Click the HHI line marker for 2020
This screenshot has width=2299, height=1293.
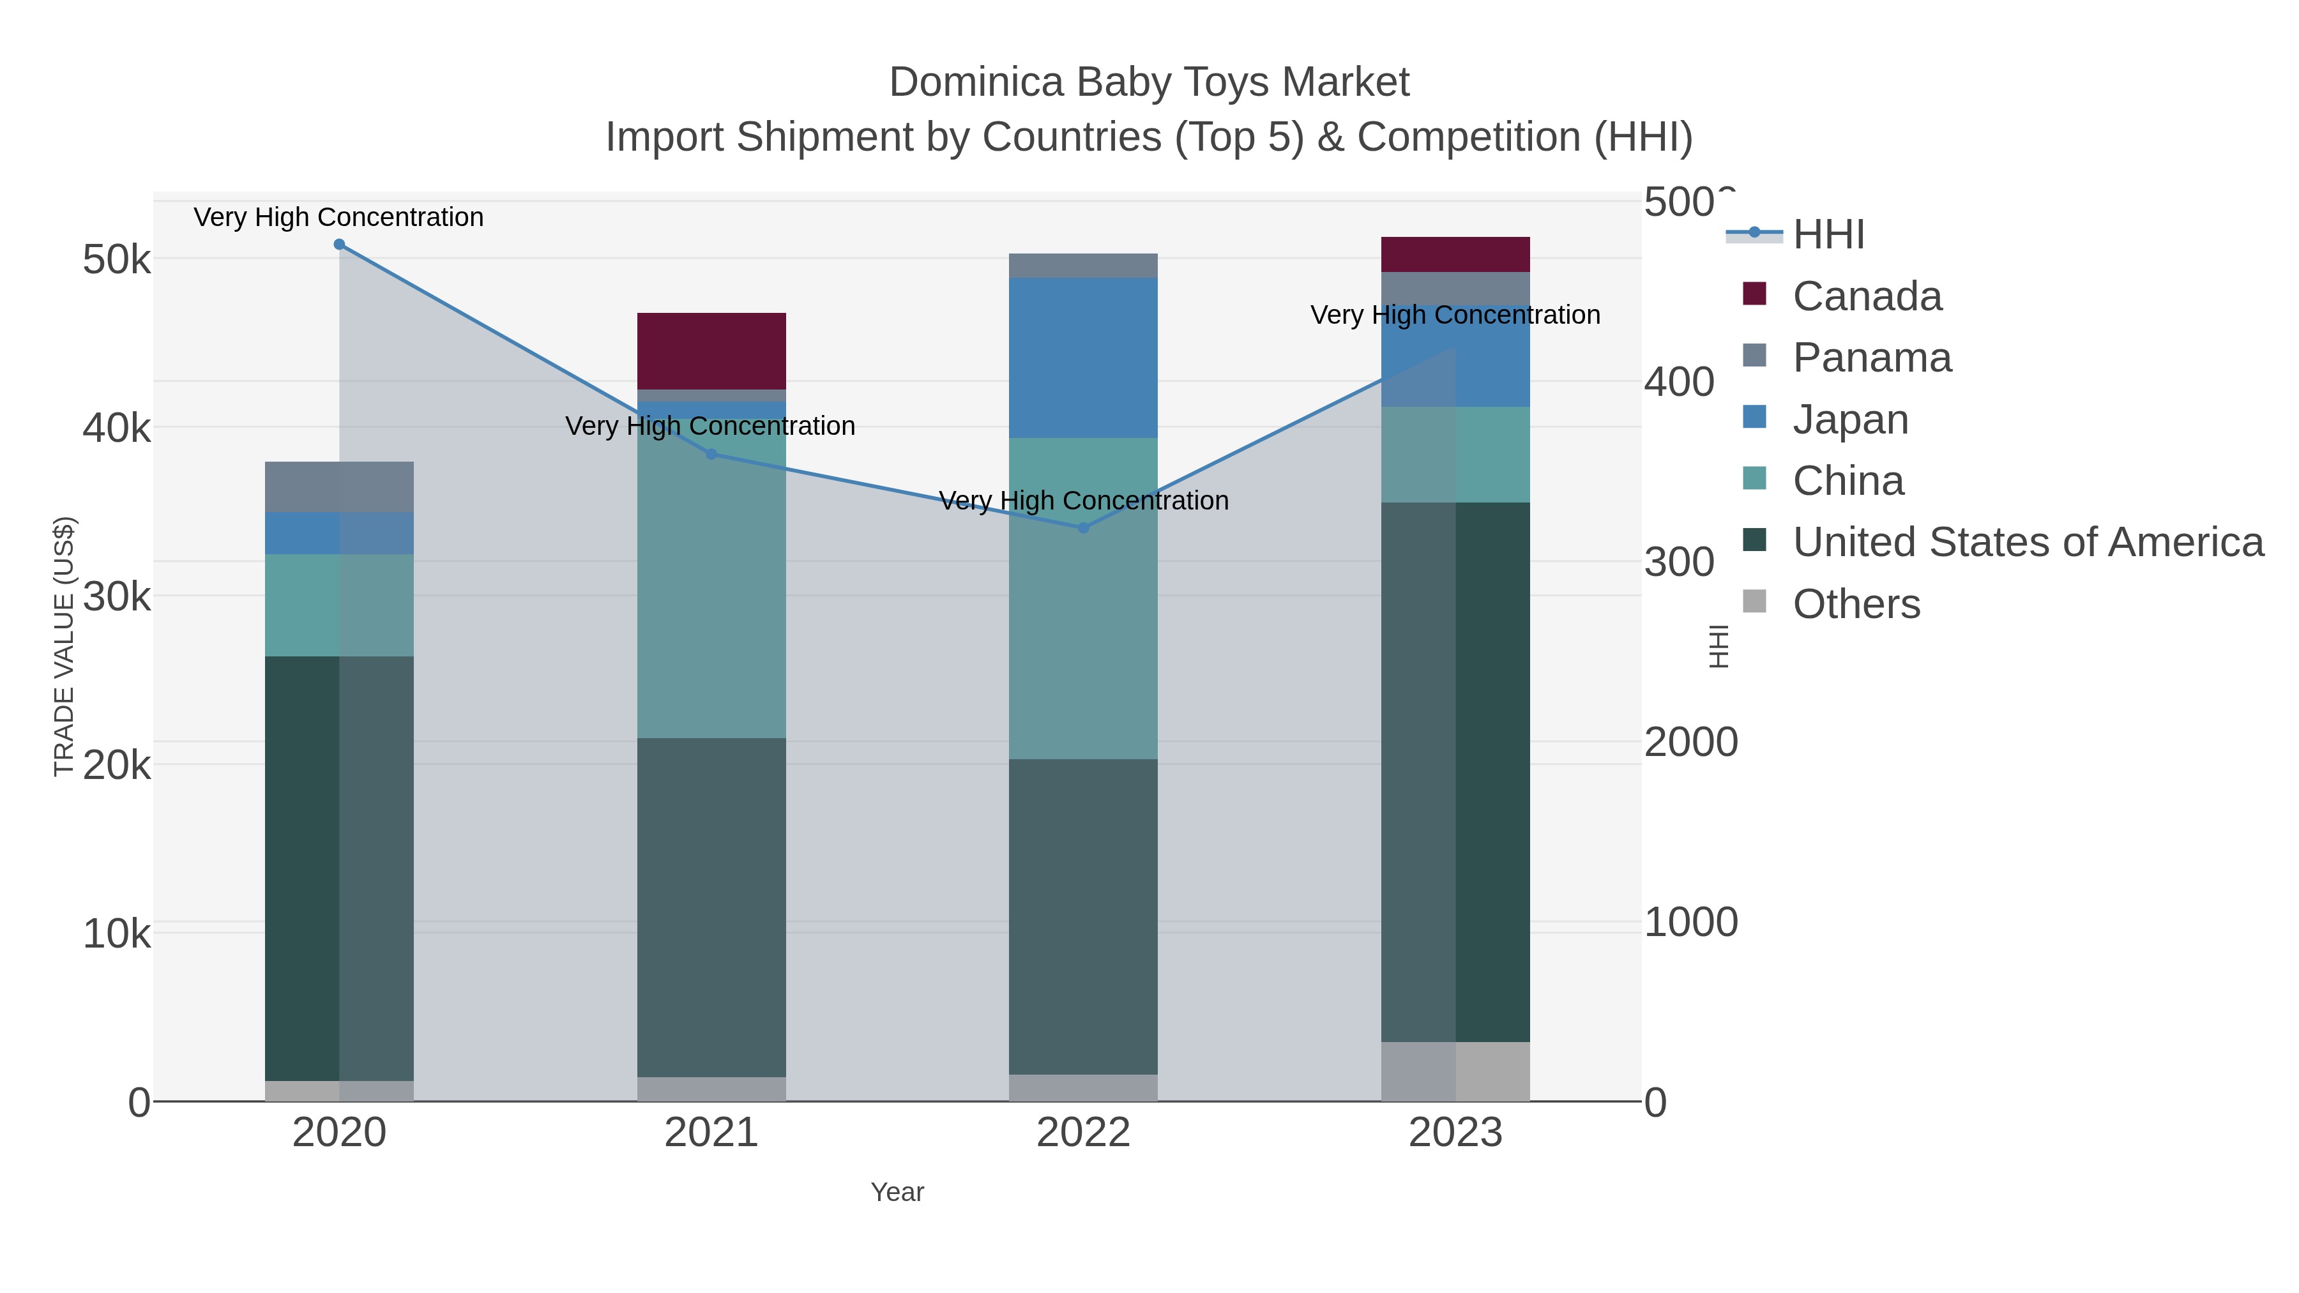(339, 245)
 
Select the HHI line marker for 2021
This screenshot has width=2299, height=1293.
(711, 454)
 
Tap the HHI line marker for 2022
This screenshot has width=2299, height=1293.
(1084, 528)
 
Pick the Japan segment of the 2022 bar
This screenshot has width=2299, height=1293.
(1084, 357)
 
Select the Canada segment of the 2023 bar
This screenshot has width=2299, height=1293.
(1455, 254)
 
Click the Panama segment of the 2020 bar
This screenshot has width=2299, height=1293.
(339, 487)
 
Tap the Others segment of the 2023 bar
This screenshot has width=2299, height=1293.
(1455, 1071)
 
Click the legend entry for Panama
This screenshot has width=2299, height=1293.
(1872, 358)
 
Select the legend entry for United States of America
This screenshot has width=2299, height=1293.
(2027, 543)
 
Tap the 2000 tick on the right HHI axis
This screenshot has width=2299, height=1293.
(1690, 743)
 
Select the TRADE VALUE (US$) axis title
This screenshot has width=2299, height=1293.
(64, 646)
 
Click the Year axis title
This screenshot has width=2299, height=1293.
(897, 1192)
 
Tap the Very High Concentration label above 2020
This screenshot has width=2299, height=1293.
(339, 217)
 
